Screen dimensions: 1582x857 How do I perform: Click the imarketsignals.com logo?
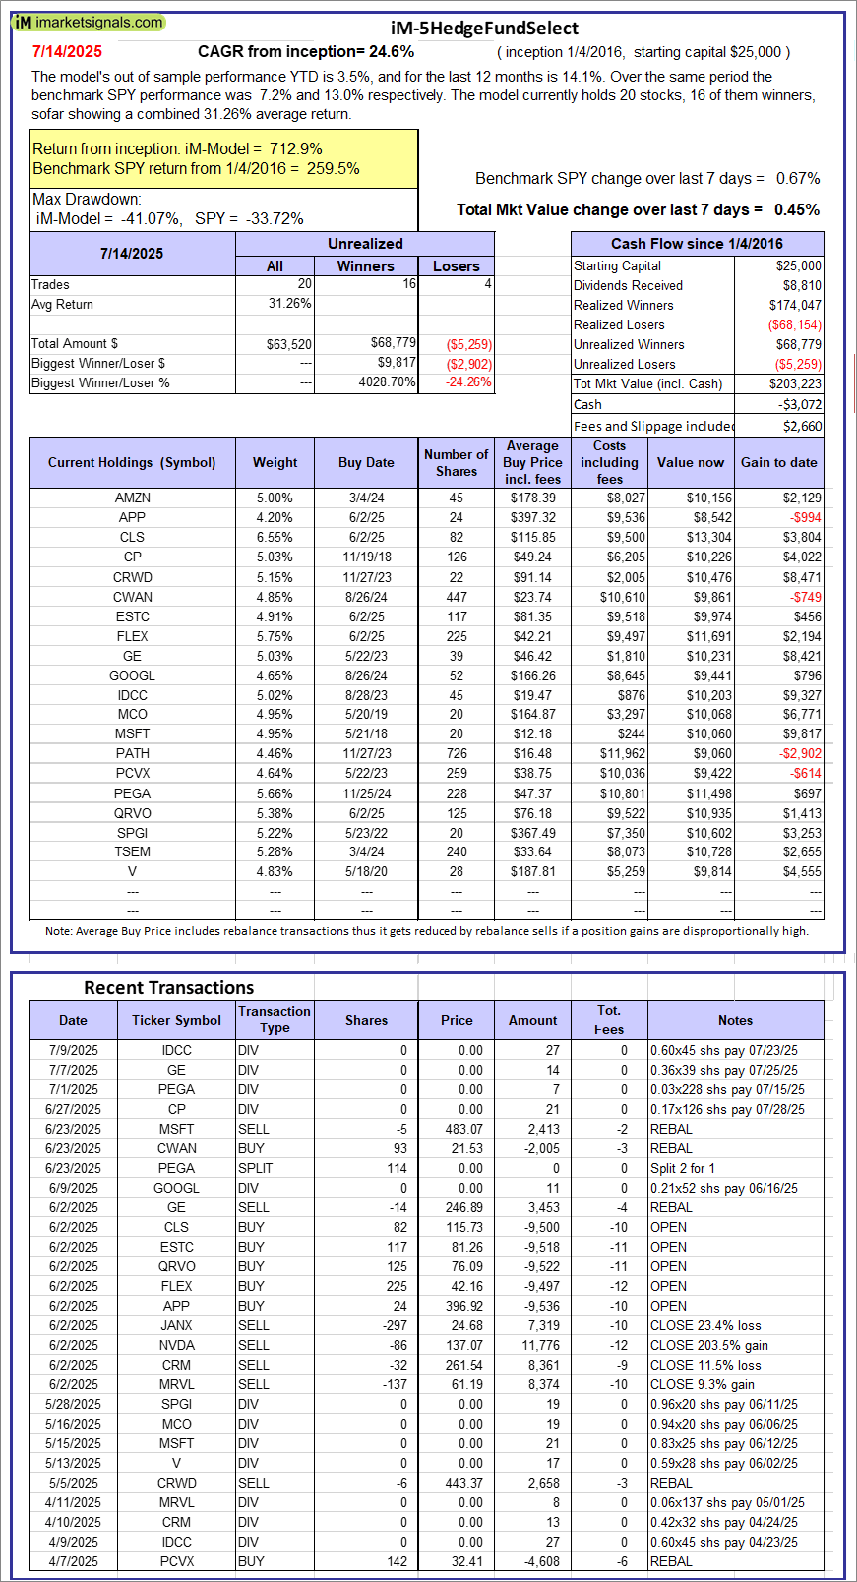(89, 22)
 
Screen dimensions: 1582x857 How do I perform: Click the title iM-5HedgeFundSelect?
(484, 29)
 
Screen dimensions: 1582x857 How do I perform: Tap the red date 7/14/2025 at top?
(67, 52)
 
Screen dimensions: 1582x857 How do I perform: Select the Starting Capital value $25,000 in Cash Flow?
(798, 266)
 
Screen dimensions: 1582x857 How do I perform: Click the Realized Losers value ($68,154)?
(794, 325)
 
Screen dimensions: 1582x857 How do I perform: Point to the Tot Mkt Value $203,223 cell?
(795, 384)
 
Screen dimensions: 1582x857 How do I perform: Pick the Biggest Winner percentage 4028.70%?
(387, 382)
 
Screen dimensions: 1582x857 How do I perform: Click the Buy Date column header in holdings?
(366, 463)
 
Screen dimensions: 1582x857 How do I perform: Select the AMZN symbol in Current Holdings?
(132, 498)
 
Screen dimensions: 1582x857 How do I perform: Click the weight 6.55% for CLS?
(275, 538)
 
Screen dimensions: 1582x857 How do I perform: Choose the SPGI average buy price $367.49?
(532, 833)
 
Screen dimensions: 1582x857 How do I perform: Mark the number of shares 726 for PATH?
(457, 754)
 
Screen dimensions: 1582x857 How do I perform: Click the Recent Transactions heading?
(168, 988)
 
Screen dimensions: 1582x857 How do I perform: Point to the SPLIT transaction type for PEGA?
(255, 1168)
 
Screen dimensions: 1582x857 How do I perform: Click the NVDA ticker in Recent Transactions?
(176, 1345)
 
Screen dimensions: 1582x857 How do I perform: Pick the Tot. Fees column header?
(609, 1020)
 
